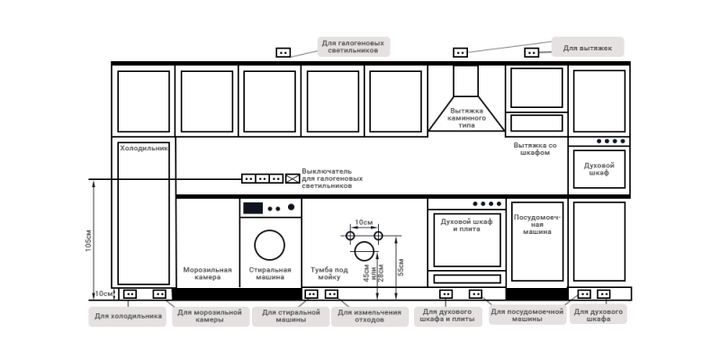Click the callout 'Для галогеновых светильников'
pos(355,47)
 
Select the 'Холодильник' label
pos(144,147)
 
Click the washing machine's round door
pos(269,245)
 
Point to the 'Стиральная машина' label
pos(270,273)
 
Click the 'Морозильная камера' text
pos(207,273)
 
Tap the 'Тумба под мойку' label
pos(329,273)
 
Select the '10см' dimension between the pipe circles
pos(364,222)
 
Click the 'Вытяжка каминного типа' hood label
pos(467,118)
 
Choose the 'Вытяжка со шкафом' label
pos(535,148)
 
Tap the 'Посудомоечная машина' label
pos(537,225)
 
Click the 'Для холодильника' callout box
pos(127,316)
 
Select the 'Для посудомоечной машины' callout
pos(526,316)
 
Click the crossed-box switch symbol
pos(292,179)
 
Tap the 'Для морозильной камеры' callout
pos(209,316)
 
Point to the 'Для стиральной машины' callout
pos(290,316)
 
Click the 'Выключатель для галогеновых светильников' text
pos(333,178)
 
